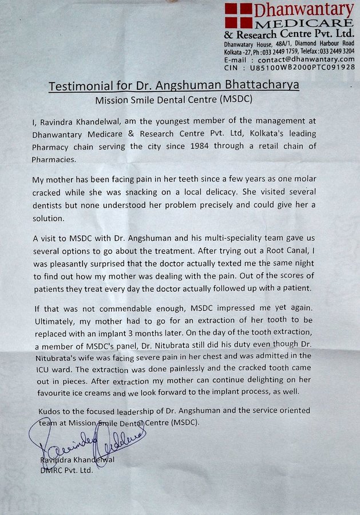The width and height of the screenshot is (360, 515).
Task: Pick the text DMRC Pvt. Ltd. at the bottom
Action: tap(66, 470)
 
